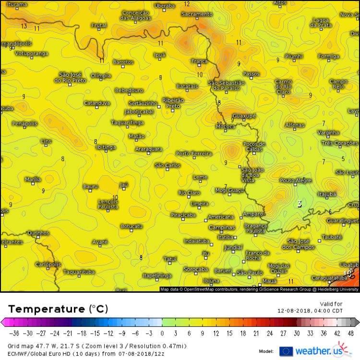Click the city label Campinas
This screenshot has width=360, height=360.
click(221, 227)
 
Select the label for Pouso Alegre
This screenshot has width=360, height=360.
click(296, 181)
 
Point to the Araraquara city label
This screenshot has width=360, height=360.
click(148, 149)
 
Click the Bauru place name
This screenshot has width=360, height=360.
click(90, 186)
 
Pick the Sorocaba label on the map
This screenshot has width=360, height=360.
click(196, 269)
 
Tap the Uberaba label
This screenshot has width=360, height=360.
click(165, 6)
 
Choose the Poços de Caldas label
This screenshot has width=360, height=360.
click(254, 147)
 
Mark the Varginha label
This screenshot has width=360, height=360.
click(329, 132)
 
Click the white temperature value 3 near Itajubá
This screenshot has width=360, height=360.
click(300, 204)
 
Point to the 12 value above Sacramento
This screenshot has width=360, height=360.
click(187, 4)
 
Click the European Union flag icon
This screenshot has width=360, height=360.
click(286, 351)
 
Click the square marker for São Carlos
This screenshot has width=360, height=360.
click(167, 169)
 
